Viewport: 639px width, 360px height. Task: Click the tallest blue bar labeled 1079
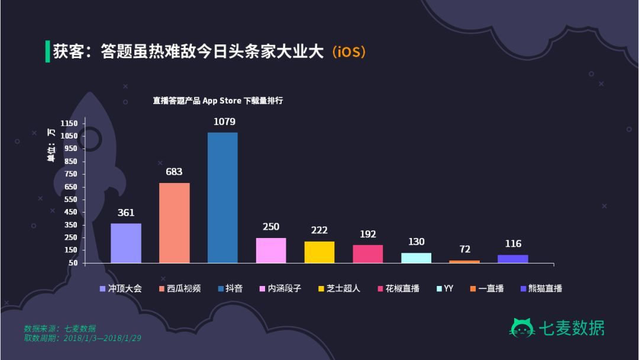pos(222,197)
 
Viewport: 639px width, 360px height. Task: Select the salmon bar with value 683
pos(175,223)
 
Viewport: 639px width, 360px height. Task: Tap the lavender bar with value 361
pos(125,243)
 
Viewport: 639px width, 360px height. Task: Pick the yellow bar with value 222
pos(319,252)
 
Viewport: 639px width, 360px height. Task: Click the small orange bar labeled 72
pos(464,261)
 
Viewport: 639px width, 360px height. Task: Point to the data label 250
pos(271,227)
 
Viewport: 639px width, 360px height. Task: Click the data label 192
pos(367,234)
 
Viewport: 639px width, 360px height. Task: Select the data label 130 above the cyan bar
pos(416,242)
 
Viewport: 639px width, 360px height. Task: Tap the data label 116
pos(513,243)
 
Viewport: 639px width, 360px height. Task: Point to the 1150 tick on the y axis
pos(69,123)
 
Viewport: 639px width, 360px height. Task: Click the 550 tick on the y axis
pos(70,200)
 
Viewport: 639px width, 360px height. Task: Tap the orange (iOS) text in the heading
pos(348,52)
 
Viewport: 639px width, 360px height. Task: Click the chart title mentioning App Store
pos(218,101)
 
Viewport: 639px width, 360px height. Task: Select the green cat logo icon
pos(522,328)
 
